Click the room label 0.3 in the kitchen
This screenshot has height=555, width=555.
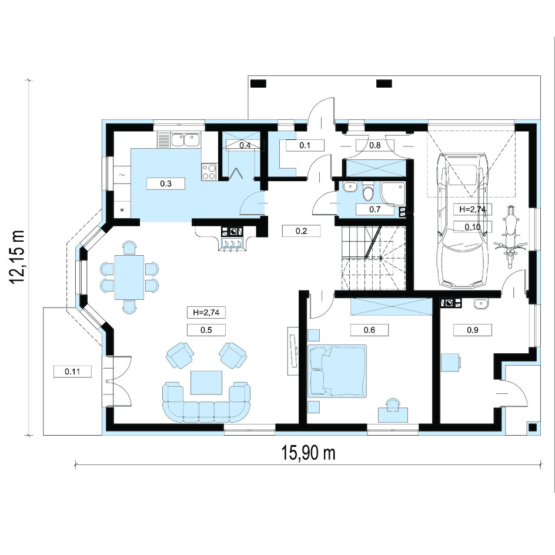pos(166,183)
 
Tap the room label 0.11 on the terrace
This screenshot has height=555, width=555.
pos(72,372)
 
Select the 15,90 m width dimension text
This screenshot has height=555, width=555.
pos(308,453)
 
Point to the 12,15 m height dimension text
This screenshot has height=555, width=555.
pos(18,256)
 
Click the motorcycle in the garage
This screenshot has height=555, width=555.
pos(510,236)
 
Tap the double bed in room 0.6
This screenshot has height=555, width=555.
pos(337,370)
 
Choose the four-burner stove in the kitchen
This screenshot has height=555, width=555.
pos(209,172)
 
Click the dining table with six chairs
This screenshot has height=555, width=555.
pos(129,277)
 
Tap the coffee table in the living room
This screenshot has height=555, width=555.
pos(206,382)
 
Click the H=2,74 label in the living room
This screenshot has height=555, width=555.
pos(206,313)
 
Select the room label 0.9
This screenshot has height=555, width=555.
pos(473,330)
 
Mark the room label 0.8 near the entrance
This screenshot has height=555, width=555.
pos(375,145)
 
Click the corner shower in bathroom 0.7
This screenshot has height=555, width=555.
pos(393,194)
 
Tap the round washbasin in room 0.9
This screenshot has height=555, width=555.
pos(481,304)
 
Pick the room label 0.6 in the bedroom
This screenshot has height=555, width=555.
pos(369,330)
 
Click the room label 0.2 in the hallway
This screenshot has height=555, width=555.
pos(301,231)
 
